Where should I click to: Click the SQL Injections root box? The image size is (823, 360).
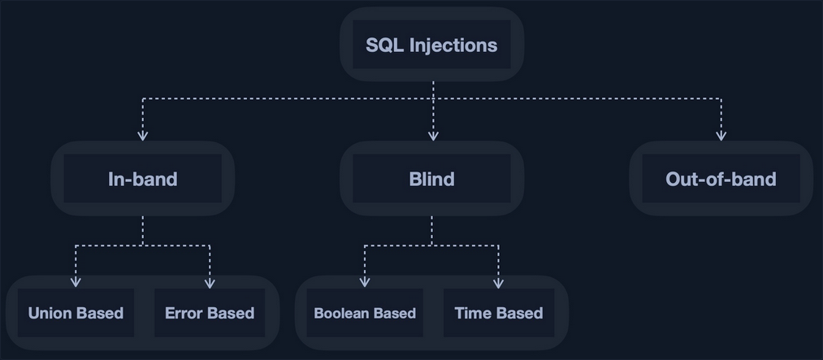tap(431, 44)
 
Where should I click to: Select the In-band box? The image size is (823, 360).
tap(143, 179)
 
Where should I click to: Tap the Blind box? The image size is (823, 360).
tap(431, 179)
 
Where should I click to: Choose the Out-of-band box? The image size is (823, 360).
tap(721, 179)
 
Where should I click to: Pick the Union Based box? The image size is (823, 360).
tap(76, 313)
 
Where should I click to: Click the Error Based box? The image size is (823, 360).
tap(210, 313)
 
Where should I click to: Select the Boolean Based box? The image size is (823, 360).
tap(365, 313)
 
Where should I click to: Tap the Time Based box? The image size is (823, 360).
tap(499, 313)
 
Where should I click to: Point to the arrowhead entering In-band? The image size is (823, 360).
tap(143, 136)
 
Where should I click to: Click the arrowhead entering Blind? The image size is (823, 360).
tap(433, 136)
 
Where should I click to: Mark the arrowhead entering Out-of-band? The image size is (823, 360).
tap(721, 136)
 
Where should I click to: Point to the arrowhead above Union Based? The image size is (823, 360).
tap(76, 282)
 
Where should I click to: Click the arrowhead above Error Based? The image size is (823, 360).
tap(210, 284)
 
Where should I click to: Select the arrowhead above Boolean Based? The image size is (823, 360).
tap(365, 282)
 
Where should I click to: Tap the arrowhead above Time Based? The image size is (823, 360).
tap(499, 284)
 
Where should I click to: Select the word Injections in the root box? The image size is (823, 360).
tap(453, 46)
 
